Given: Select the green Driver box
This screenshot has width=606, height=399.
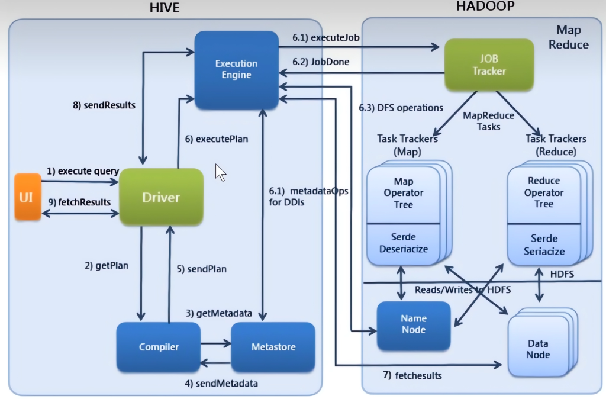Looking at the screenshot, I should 161,197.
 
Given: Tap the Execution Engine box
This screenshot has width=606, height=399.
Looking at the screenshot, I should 236,69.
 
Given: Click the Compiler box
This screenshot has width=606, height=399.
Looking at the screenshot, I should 159,346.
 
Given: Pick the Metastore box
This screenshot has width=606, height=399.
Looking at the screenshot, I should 273,346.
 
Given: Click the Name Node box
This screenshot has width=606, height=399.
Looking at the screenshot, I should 413,324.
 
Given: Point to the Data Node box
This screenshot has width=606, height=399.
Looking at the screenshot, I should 538,349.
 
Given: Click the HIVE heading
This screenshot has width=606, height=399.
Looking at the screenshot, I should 165,8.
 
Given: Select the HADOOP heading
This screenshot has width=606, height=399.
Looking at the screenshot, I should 485,7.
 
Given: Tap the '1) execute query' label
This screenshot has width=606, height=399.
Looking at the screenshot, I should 83,171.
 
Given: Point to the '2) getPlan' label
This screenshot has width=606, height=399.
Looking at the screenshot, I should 107,266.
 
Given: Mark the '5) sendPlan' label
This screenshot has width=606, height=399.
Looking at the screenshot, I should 201,269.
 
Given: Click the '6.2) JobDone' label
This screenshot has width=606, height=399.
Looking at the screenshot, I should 321,62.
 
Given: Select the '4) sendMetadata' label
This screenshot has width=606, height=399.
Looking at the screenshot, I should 221,383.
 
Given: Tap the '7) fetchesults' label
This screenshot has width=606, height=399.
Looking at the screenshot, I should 411,375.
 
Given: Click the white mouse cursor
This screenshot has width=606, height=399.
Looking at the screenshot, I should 220,172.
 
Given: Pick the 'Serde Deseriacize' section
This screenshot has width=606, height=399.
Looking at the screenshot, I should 403,243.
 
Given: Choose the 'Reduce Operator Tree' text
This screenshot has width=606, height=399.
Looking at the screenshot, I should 544,192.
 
